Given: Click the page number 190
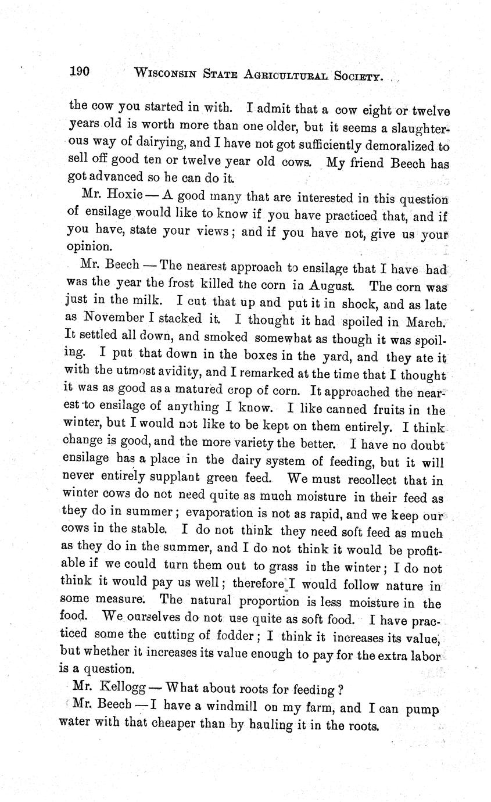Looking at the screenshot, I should coord(78,72).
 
